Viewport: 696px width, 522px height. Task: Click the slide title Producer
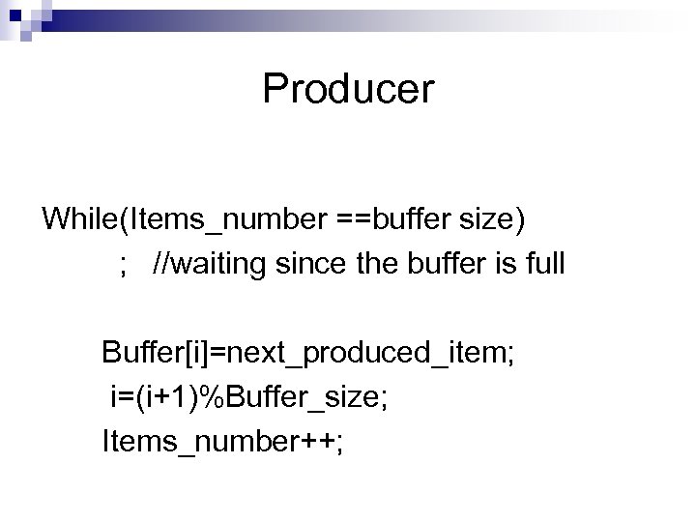pyautogui.click(x=348, y=90)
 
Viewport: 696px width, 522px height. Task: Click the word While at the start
pyautogui.click(x=77, y=218)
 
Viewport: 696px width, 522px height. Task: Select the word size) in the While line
pyautogui.click(x=492, y=218)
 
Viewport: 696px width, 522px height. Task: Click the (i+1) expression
pyautogui.click(x=172, y=398)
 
